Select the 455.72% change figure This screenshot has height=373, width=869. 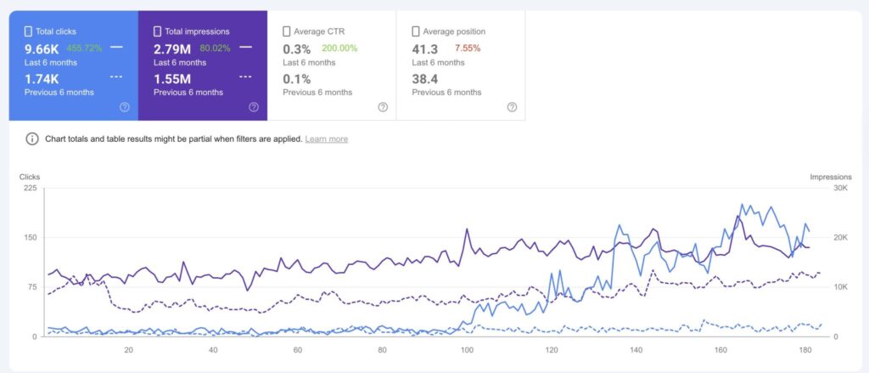coord(84,48)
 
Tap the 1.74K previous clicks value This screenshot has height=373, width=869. coord(42,78)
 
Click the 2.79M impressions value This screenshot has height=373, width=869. coord(173,48)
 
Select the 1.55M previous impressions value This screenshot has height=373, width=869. coord(172,78)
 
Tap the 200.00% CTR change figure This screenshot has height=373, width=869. coord(339,48)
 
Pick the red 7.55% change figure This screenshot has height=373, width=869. coord(468,48)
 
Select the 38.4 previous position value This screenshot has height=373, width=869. coord(424,78)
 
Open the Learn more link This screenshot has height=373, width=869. coord(326,139)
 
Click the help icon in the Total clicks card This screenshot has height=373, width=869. coord(125,107)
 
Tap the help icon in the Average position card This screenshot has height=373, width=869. coord(512,107)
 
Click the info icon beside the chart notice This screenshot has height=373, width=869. coord(32,138)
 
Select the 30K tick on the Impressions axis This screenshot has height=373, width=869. coord(821,189)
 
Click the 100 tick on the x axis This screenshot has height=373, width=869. coord(467,349)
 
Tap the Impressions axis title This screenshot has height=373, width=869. coord(830,177)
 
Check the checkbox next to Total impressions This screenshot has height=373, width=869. coord(157,31)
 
